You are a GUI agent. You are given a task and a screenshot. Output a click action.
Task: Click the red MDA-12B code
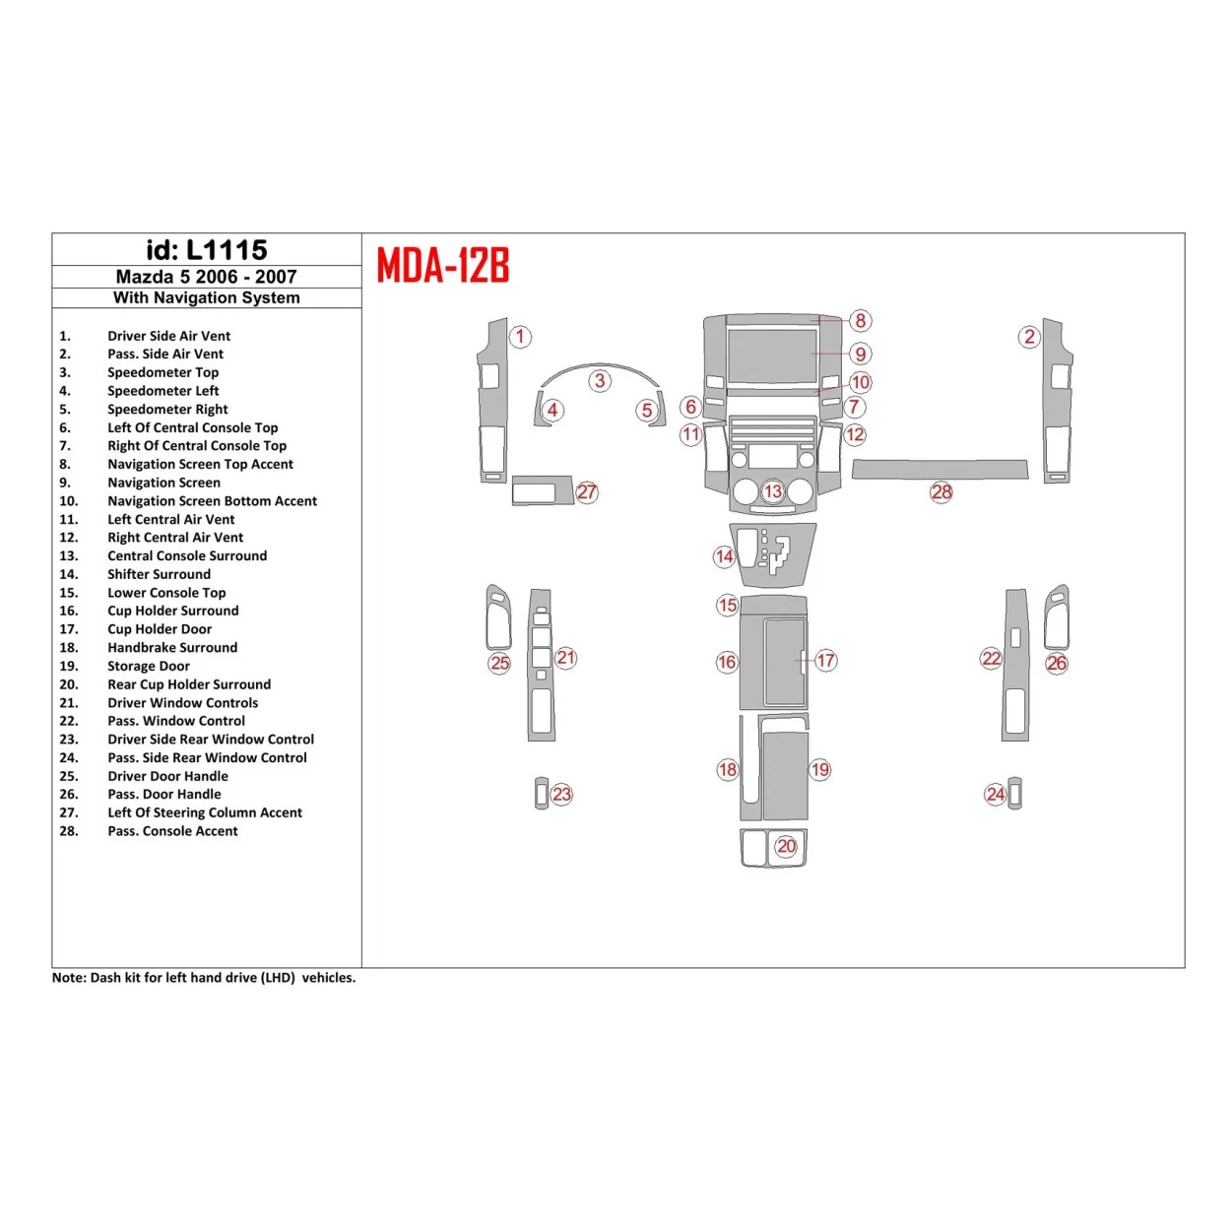coord(443,265)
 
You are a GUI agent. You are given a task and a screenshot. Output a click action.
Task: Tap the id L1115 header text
coord(207,250)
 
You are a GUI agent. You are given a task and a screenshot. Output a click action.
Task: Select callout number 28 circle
coord(941,491)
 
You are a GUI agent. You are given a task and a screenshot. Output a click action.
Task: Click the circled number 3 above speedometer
coord(600,380)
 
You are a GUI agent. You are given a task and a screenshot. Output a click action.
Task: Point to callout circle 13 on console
coord(773,491)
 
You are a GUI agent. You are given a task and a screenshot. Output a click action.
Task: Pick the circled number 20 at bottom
coord(786,846)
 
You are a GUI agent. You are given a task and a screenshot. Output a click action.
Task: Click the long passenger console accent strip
coord(939,469)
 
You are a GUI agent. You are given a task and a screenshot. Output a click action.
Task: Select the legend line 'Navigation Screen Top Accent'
coord(200,464)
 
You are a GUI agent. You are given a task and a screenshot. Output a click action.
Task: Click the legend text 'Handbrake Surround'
coord(172,648)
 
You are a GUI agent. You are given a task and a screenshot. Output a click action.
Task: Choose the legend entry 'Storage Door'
coord(149,666)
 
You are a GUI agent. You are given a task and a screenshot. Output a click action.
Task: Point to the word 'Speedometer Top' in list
coord(162,372)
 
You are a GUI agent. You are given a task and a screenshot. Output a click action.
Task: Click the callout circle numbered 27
coord(587,492)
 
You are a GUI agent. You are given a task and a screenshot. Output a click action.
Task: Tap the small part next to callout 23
coord(541,794)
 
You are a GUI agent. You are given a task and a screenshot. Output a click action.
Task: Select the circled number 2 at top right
coord(1029,337)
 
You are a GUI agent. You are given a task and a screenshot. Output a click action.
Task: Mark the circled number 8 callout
coord(860,320)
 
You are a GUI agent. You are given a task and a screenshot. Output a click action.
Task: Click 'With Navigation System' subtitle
coord(207,297)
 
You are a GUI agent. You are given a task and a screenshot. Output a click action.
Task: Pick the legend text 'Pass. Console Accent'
coord(172,831)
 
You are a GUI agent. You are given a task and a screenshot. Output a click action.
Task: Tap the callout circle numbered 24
coord(996,794)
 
